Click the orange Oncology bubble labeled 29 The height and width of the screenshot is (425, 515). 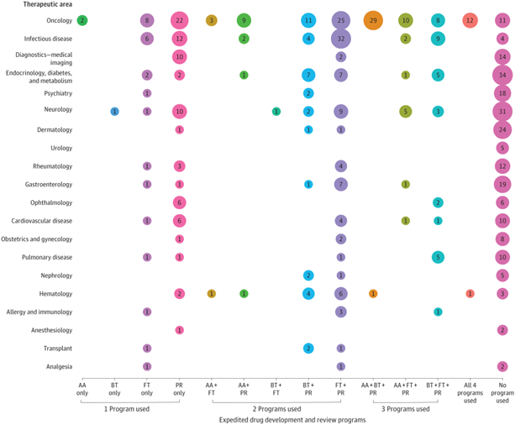click(x=373, y=19)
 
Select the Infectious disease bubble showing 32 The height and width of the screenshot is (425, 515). click(x=340, y=38)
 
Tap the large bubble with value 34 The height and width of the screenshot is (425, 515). click(x=502, y=75)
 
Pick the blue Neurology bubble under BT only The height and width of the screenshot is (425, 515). click(x=114, y=111)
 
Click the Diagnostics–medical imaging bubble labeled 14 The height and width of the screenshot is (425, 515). click(x=502, y=56)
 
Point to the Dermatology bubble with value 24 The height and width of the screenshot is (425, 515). click(x=502, y=129)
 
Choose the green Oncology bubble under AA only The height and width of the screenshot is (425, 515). click(x=81, y=19)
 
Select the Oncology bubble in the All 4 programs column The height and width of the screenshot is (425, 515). click(x=470, y=19)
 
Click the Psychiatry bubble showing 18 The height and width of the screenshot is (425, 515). click(x=502, y=92)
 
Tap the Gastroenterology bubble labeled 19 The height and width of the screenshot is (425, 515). click(x=502, y=184)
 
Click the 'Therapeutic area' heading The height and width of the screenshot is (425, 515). click(x=40, y=5)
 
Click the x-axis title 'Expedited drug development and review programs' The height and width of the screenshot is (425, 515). click(x=291, y=419)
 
